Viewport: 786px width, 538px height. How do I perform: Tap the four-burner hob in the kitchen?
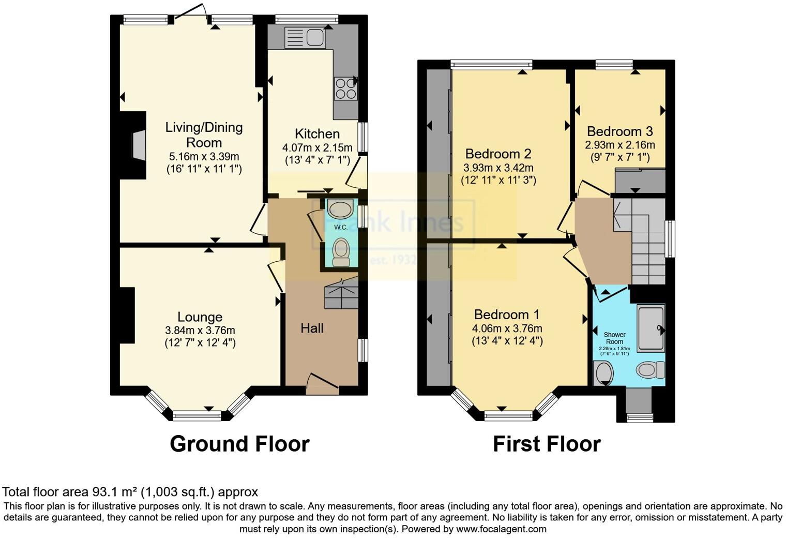pyautogui.click(x=345, y=88)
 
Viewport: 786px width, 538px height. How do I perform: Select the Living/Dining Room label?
pyautogui.click(x=204, y=135)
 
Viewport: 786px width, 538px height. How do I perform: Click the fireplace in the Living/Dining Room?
pyautogui.click(x=138, y=145)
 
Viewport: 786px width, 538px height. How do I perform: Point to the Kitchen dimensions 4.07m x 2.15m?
pyautogui.click(x=317, y=147)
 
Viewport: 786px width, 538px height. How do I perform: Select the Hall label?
pyautogui.click(x=312, y=328)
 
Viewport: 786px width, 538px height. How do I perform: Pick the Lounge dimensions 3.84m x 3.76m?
pyautogui.click(x=200, y=330)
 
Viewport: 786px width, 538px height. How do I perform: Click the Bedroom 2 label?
pyautogui.click(x=498, y=154)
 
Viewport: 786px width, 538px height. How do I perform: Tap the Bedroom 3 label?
pyautogui.click(x=619, y=131)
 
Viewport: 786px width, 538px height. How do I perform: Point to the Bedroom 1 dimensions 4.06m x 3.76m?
pyautogui.click(x=507, y=328)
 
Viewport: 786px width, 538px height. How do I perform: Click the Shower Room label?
pyautogui.click(x=614, y=338)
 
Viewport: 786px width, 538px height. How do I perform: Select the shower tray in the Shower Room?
pyautogui.click(x=651, y=328)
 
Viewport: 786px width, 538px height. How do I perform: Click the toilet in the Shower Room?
pyautogui.click(x=651, y=370)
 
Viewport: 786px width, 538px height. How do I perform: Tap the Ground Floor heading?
pyautogui.click(x=239, y=444)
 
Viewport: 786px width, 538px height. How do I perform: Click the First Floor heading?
pyautogui.click(x=547, y=444)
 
